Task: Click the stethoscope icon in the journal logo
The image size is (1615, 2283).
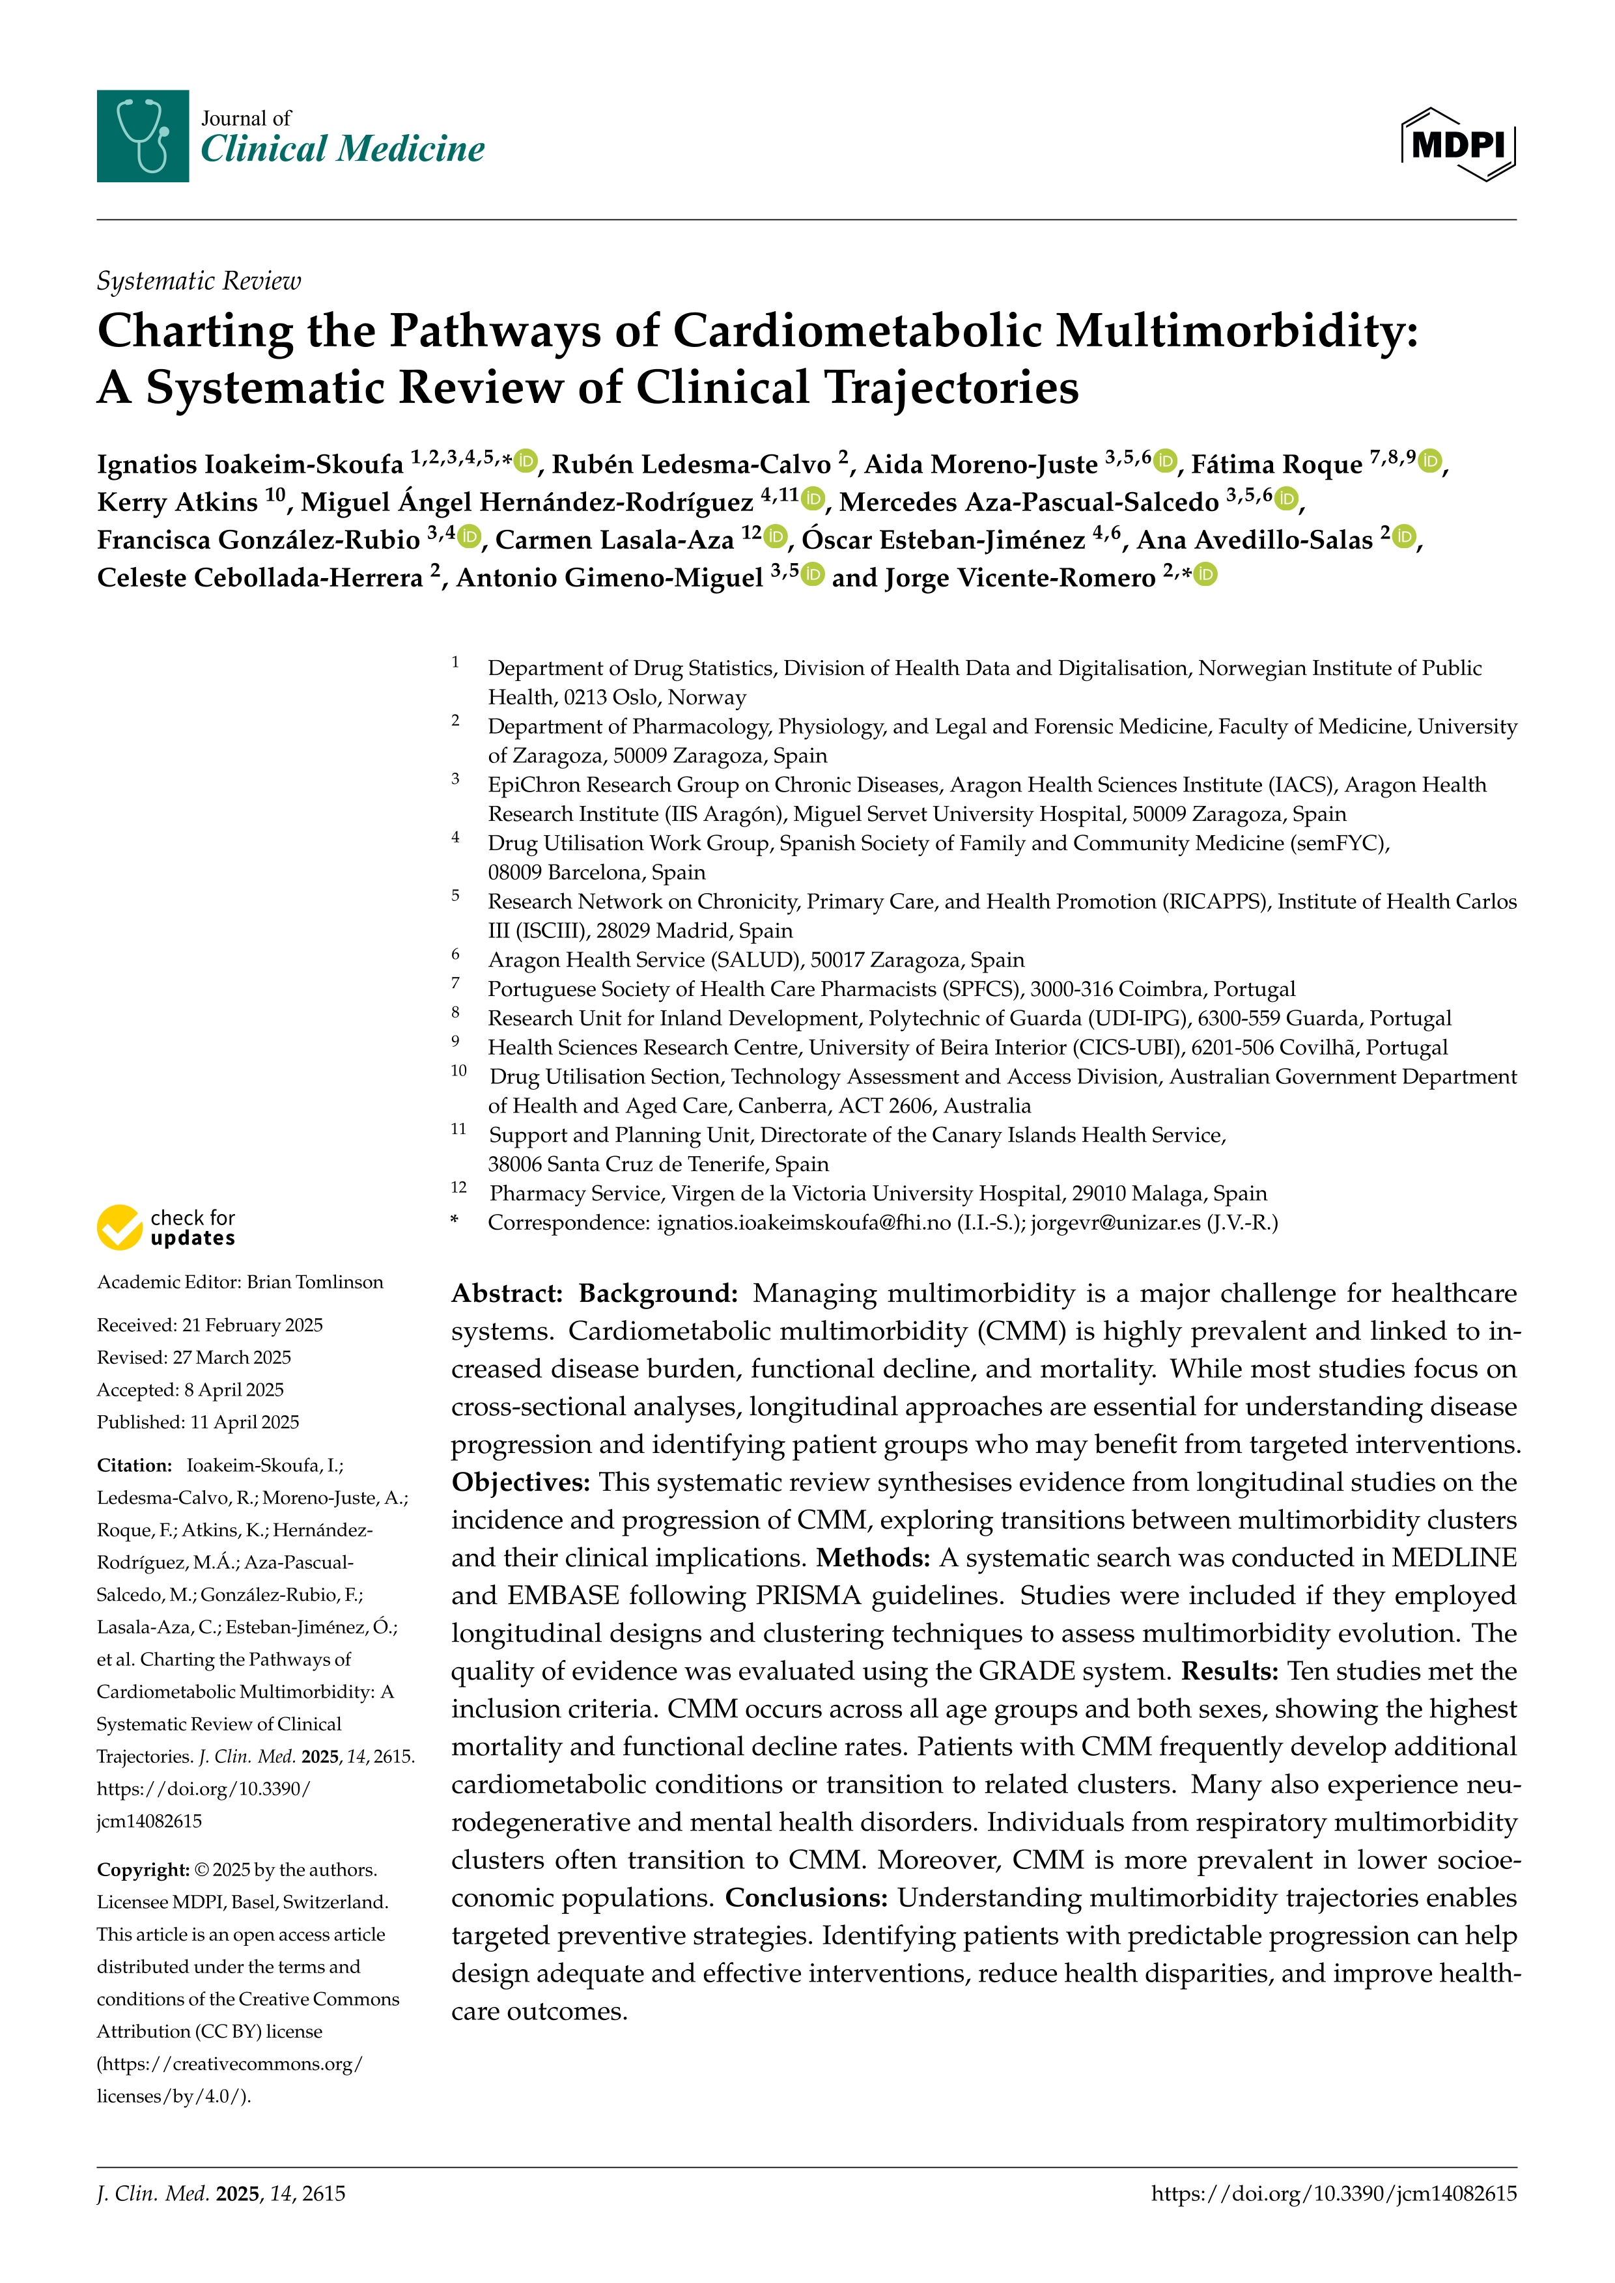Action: [x=142, y=135]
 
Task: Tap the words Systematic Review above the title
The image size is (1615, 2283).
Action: [x=198, y=281]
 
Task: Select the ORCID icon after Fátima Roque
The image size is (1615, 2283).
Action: [x=1430, y=462]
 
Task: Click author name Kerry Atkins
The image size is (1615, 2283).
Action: [x=177, y=502]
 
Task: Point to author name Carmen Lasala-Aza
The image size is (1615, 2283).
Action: [x=613, y=540]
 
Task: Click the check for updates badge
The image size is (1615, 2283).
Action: [x=167, y=1228]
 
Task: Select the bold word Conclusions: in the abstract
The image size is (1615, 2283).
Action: [x=806, y=1898]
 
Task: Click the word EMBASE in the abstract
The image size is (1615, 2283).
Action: [x=563, y=1596]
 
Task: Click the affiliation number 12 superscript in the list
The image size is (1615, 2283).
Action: [x=458, y=1188]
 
